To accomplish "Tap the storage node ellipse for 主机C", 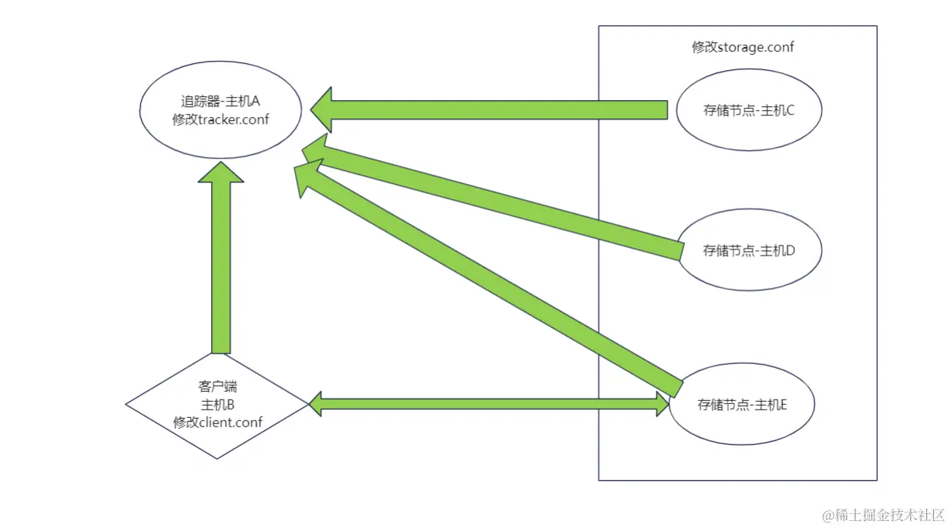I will click(748, 110).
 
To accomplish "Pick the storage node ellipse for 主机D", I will click(748, 250).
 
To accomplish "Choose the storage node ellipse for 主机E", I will click(742, 405).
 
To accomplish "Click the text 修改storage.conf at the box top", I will click(742, 47).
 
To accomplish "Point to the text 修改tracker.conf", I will click(220, 119).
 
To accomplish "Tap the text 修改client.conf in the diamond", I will click(217, 422).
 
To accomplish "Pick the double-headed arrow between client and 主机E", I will click(489, 403).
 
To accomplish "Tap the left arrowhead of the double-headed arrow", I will click(316, 403).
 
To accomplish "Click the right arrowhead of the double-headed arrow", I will click(662, 403).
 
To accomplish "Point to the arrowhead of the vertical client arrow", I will click(220, 172).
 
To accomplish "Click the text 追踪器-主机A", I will click(220, 101).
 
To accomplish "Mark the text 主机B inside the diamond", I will click(217, 405).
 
